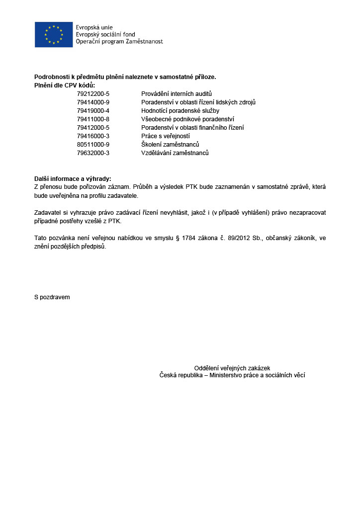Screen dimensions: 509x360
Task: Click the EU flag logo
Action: coord(54,34)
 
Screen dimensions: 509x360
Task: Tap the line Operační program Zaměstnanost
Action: coord(119,42)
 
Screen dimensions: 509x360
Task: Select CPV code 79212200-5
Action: coord(93,94)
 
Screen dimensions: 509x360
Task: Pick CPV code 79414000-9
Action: coord(93,102)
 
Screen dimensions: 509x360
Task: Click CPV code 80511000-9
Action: coord(93,145)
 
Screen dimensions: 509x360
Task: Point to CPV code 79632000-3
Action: coord(93,153)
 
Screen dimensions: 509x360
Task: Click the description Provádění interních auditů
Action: coord(177,94)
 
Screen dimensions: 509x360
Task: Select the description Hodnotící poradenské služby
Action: coord(180,111)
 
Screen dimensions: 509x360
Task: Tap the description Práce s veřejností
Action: coord(166,136)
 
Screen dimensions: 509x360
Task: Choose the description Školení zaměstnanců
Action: coord(170,145)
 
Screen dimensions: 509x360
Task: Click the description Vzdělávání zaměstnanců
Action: coord(175,153)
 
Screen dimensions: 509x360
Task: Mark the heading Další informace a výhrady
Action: coord(73,179)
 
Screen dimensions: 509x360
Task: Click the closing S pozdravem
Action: coord(52,297)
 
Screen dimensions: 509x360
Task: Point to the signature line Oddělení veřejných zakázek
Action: coord(232,368)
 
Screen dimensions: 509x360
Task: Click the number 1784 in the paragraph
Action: coord(188,238)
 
